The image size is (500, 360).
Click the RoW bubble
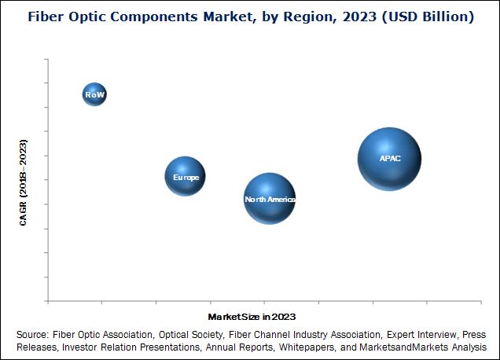(94, 94)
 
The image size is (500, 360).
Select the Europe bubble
(185, 177)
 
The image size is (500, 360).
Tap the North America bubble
(270, 199)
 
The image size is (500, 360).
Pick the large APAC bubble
(389, 159)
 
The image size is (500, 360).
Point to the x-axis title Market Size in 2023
(252, 316)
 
